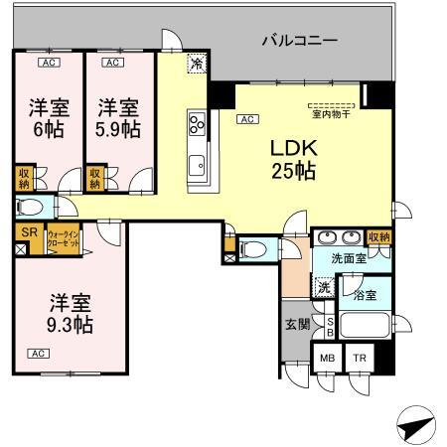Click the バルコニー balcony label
(x=299, y=41)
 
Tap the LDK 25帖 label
(x=294, y=159)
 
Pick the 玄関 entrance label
(x=296, y=323)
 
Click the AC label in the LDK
(x=244, y=119)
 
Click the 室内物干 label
(x=329, y=114)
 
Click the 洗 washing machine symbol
(x=323, y=287)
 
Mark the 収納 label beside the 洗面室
(x=378, y=237)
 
